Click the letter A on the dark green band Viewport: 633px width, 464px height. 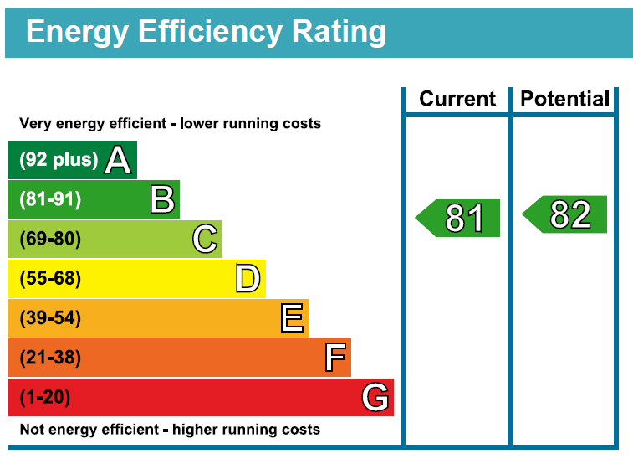[x=118, y=160]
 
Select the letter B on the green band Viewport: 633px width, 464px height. [x=163, y=198]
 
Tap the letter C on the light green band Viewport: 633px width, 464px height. [x=205, y=239]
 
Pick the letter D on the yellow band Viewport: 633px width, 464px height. [x=248, y=278]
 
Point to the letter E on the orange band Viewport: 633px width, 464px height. [x=292, y=318]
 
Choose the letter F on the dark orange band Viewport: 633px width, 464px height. [x=335, y=358]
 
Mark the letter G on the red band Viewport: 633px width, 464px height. [x=375, y=397]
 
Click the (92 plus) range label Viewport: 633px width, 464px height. [x=59, y=160]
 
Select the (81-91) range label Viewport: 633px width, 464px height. [x=50, y=198]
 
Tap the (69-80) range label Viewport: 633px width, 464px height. [x=50, y=239]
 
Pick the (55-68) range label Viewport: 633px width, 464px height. [x=50, y=278]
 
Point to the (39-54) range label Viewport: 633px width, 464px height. [x=50, y=317]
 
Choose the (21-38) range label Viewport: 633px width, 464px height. [x=50, y=358]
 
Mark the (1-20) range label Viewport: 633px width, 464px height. [x=45, y=397]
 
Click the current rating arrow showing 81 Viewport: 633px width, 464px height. [x=457, y=218]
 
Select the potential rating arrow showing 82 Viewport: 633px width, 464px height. [x=564, y=214]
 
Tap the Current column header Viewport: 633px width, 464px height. [x=457, y=99]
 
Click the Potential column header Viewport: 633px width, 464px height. [x=564, y=99]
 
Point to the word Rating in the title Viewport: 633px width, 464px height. [x=339, y=32]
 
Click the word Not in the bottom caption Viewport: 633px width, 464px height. [x=33, y=429]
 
